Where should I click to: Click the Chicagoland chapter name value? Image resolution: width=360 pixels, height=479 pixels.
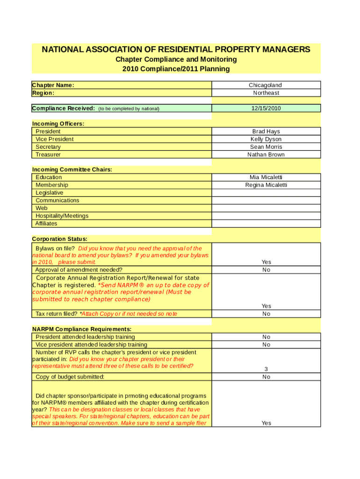point(266,85)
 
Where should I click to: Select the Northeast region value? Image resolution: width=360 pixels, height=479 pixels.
point(266,93)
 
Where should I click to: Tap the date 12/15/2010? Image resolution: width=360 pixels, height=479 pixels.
point(266,108)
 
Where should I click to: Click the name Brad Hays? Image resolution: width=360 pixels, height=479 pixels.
point(266,131)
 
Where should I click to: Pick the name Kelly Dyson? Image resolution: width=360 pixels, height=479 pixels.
point(266,139)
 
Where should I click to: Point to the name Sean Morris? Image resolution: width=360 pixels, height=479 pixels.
point(266,147)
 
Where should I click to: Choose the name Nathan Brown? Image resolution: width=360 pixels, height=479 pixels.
point(266,154)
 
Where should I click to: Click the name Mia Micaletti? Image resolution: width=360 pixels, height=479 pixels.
point(266,177)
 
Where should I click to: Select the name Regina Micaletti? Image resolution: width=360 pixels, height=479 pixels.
point(266,185)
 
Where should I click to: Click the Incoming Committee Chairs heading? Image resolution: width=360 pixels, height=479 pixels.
point(72,169)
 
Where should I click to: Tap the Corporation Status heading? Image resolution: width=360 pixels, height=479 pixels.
point(59,239)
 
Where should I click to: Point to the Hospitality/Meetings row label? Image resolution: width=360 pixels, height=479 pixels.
point(62,216)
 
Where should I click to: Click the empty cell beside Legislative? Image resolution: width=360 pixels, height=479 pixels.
point(266,193)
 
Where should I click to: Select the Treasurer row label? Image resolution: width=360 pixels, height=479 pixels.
point(48,154)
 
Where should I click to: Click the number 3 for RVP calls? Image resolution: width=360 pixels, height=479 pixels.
point(266,369)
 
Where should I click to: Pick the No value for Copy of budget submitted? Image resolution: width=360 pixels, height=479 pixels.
point(266,377)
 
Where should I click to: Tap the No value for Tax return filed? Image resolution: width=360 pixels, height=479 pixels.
point(266,314)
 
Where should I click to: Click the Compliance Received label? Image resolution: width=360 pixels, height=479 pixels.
point(64,109)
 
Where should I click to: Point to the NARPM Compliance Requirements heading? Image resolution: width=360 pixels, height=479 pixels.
point(81,329)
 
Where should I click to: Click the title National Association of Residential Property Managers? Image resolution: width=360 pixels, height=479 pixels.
point(176,50)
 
